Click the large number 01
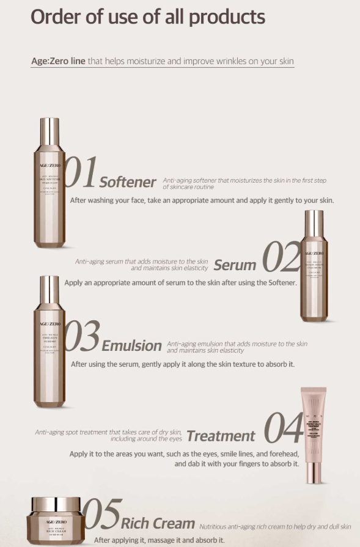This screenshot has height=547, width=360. tap(80, 173)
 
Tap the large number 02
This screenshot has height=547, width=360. tap(281, 257)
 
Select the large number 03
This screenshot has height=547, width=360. tap(81, 337)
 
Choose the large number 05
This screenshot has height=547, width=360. tap(101, 515)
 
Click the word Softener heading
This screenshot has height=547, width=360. tap(128, 182)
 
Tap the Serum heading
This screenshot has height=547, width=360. tap(235, 265)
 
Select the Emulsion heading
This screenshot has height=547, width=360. tap(131, 346)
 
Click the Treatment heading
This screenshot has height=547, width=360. tap(221, 436)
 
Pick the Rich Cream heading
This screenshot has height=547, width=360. tap(158, 524)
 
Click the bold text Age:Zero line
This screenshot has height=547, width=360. tap(58, 61)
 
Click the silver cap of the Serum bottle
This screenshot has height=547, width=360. tap(314, 224)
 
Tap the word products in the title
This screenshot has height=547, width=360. tap(227, 17)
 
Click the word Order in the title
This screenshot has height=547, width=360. tap(57, 17)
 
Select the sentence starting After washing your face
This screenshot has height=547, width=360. tap(202, 200)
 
